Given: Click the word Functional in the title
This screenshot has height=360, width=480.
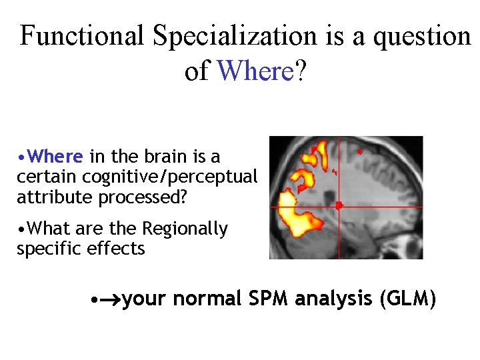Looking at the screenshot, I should click(81, 36).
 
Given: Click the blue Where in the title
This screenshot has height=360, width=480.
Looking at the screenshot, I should click(255, 70).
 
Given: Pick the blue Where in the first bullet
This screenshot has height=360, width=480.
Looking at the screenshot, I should click(56, 157).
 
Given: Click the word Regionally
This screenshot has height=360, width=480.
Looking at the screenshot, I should click(186, 229).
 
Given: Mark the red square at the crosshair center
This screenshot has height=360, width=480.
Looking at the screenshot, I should click(339, 205).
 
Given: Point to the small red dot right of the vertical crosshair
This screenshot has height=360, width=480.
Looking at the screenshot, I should click(360, 152).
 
